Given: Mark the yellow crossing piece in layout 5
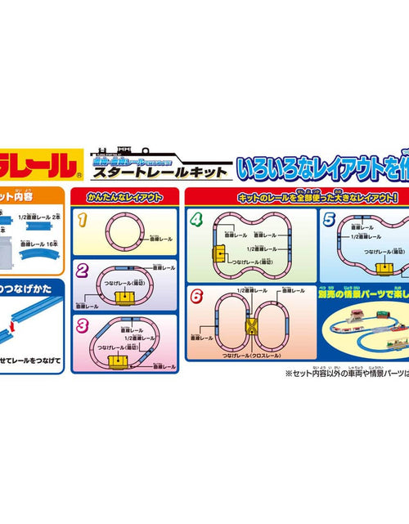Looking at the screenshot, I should [x=382, y=268].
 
